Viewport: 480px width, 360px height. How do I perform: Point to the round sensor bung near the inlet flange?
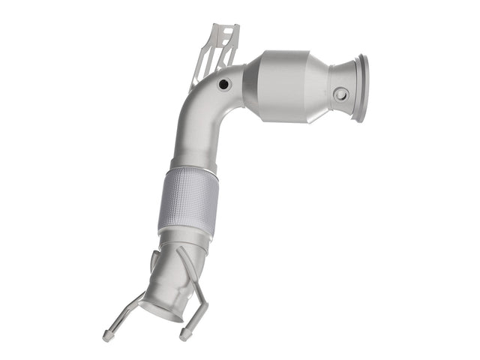(x=341, y=94)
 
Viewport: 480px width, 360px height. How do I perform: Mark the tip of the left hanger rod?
(x=106, y=335)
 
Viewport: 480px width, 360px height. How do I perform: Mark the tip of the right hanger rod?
(x=182, y=332)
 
